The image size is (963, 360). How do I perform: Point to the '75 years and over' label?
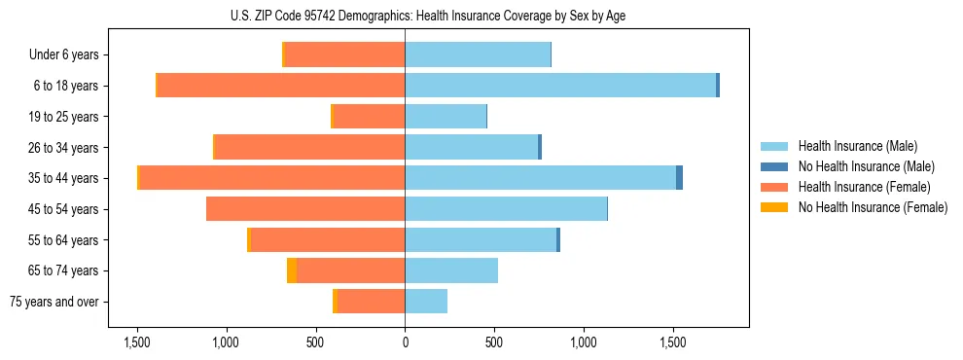(x=54, y=302)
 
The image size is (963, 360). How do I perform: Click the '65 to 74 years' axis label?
(x=62, y=270)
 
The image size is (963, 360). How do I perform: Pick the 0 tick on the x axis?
(x=405, y=342)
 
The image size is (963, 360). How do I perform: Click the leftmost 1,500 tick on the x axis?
(x=136, y=342)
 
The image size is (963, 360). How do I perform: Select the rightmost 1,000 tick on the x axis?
(x=584, y=342)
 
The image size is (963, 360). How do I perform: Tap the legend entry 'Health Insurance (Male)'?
(x=857, y=147)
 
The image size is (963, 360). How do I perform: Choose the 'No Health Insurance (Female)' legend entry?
(x=873, y=207)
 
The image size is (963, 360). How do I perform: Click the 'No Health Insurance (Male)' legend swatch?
(x=774, y=166)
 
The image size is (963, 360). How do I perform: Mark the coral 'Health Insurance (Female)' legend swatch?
(x=774, y=187)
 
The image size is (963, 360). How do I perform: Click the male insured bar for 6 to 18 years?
(x=560, y=86)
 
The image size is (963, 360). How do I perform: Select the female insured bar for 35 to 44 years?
(x=272, y=178)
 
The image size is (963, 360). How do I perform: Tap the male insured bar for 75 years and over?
(x=426, y=302)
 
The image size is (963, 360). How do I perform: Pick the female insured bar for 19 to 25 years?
(x=370, y=117)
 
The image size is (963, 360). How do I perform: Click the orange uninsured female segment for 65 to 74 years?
(x=292, y=270)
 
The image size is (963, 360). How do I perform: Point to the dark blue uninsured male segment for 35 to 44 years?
(x=679, y=178)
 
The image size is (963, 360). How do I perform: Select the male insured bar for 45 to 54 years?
(x=506, y=209)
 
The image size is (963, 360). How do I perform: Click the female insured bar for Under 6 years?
(x=344, y=55)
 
